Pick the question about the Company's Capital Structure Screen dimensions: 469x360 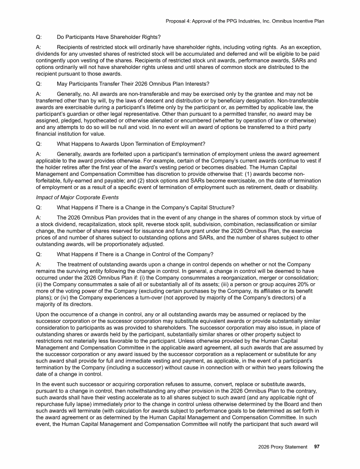tap(142, 208)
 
